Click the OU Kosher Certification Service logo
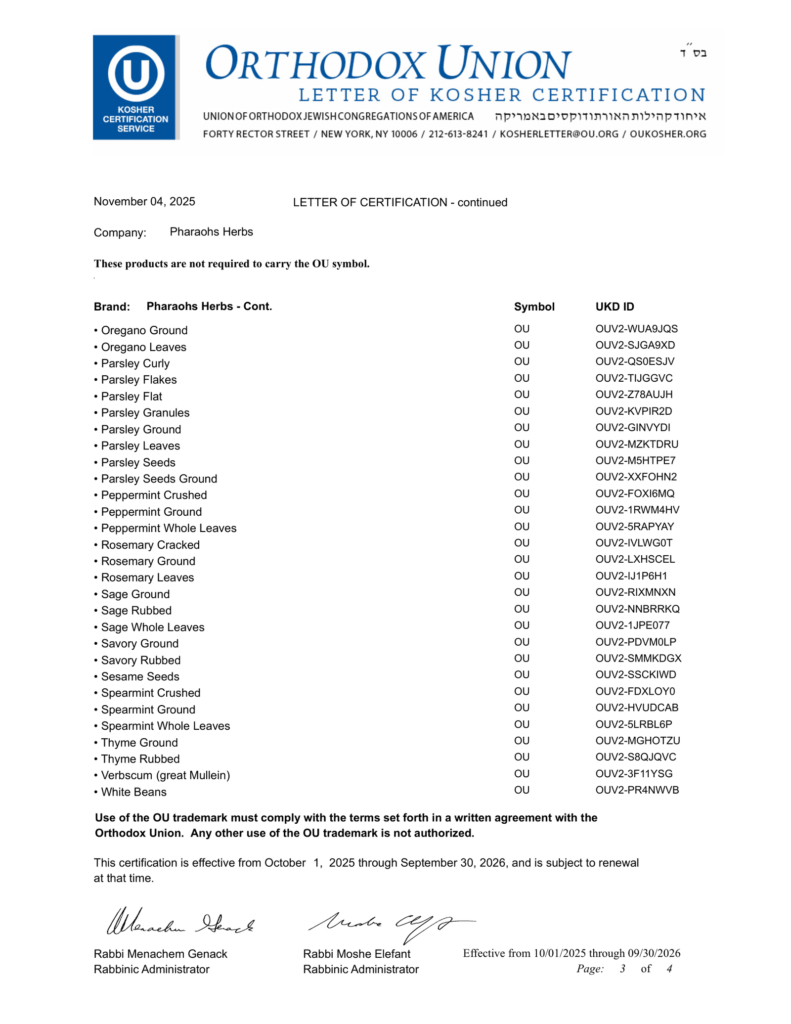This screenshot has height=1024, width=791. point(135,87)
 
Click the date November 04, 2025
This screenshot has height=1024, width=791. point(144,202)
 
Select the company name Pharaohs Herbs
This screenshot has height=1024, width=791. point(211,232)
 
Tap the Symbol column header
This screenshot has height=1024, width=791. point(534,307)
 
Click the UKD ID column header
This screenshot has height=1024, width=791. point(615,307)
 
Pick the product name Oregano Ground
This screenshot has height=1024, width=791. point(144,330)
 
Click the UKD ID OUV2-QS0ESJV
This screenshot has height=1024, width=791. point(635,361)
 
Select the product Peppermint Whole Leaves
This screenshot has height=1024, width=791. point(169,528)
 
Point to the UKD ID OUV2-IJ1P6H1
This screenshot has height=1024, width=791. point(631,576)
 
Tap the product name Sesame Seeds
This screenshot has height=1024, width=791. point(140,676)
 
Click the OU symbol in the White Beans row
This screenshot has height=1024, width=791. point(522,790)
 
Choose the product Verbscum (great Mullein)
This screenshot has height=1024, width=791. point(166,775)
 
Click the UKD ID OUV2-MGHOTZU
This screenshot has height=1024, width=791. point(638,741)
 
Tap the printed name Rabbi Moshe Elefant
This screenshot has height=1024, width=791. point(356,954)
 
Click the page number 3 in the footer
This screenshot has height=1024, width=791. point(622,969)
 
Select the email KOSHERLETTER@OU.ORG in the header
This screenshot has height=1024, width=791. point(559,134)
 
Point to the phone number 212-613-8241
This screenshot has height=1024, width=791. point(458,134)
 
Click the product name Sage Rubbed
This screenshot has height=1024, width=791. point(136,611)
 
